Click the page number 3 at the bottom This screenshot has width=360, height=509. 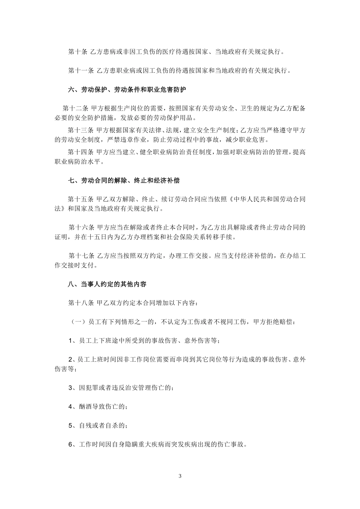(x=180, y=476)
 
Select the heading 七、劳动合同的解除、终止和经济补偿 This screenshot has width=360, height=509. (x=124, y=181)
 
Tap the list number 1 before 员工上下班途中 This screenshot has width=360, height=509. (x=70, y=340)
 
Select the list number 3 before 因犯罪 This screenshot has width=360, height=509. (x=70, y=388)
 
